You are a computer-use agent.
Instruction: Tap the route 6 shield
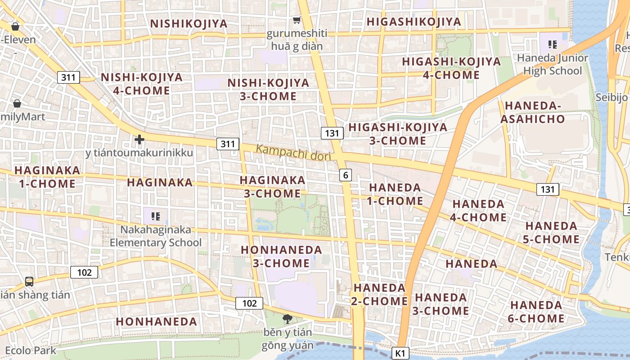(345, 175)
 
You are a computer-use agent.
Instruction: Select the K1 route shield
(400, 353)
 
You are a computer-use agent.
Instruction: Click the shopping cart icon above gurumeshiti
(297, 20)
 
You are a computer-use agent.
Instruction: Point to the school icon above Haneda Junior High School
(552, 44)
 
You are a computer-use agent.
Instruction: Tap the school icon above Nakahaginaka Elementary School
(156, 216)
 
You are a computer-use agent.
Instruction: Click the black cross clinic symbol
(139, 139)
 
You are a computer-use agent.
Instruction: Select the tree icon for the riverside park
(287, 319)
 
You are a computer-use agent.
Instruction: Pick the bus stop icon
(29, 282)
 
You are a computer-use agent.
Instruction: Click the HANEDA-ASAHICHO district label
(532, 112)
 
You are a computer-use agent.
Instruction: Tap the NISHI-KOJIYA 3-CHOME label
(268, 90)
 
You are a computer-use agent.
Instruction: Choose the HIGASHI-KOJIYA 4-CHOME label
(451, 68)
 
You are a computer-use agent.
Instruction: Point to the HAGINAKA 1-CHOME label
(47, 177)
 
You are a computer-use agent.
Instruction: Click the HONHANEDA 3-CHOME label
(281, 256)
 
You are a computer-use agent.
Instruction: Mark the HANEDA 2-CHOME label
(379, 294)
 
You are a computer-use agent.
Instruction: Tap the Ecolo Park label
(31, 350)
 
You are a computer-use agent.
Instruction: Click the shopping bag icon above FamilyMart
(17, 103)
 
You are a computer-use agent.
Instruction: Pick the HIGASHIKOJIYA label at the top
(414, 22)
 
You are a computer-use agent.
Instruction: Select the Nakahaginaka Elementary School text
(156, 236)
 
